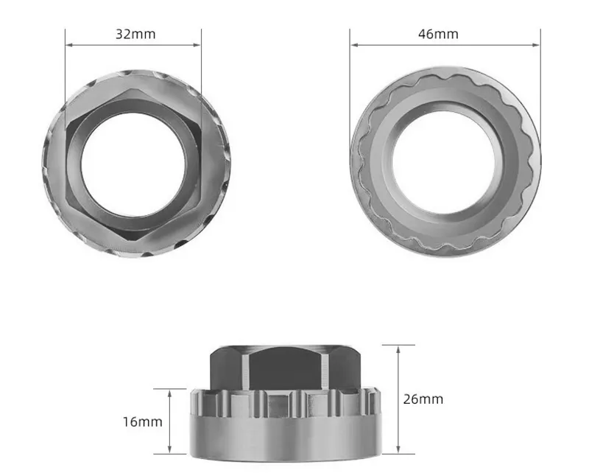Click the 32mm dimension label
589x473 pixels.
(135, 34)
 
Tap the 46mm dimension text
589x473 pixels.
(438, 34)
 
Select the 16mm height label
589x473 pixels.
(143, 422)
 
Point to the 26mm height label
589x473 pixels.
(423, 399)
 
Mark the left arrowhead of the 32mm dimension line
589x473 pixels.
(68, 45)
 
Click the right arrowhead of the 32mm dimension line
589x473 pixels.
(198, 45)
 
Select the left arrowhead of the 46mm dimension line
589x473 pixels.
(353, 45)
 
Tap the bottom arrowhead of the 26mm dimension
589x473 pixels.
(398, 450)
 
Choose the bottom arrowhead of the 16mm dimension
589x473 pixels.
(171, 450)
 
